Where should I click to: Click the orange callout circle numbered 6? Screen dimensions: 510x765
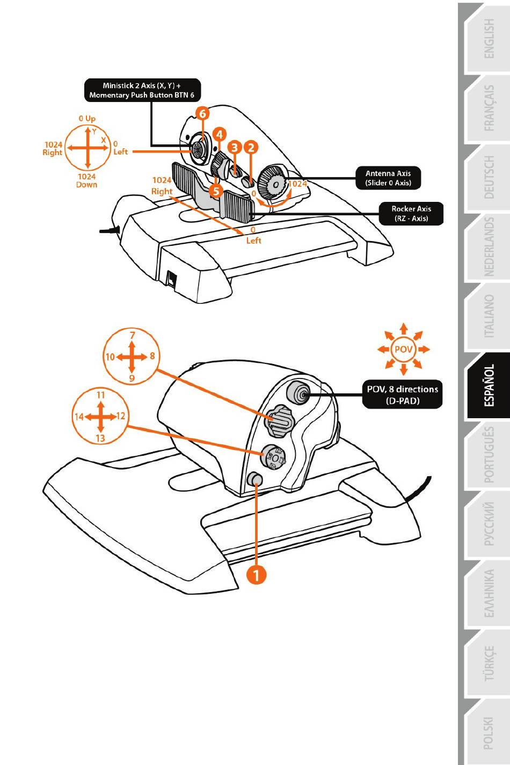click(x=202, y=114)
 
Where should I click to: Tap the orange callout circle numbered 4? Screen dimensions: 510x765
click(x=219, y=135)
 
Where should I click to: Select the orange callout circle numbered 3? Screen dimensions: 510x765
click(x=234, y=147)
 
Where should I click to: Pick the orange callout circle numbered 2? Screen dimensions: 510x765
click(x=251, y=147)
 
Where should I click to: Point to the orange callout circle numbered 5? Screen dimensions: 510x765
click(x=215, y=191)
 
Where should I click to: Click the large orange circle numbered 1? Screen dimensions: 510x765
click(x=257, y=575)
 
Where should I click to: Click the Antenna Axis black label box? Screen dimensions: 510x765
click(x=388, y=178)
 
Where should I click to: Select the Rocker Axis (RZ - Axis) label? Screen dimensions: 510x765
click(x=411, y=214)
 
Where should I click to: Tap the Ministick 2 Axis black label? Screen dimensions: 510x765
click(x=142, y=90)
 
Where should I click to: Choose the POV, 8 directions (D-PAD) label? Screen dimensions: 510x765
click(x=402, y=395)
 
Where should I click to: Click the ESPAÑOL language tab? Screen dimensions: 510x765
click(x=489, y=386)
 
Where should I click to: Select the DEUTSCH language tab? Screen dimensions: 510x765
click(x=489, y=178)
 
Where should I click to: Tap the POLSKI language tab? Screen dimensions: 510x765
click(x=488, y=733)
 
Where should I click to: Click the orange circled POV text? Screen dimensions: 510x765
click(x=403, y=349)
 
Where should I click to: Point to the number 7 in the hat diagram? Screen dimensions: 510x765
click(x=133, y=336)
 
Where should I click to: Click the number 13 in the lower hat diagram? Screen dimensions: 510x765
click(x=100, y=438)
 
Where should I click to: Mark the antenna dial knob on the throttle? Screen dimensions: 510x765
click(x=273, y=183)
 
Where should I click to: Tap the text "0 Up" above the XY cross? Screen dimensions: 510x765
click(x=87, y=119)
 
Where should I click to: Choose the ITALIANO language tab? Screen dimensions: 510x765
click(x=489, y=317)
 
